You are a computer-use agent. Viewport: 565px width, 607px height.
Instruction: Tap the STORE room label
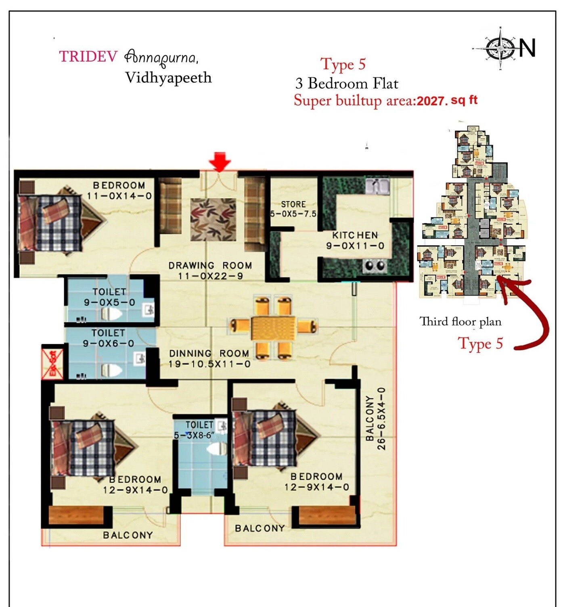pyautogui.click(x=293, y=204)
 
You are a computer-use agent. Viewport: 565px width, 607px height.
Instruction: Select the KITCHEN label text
pyautogui.click(x=355, y=235)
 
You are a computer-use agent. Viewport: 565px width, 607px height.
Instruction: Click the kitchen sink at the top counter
pyautogui.click(x=377, y=186)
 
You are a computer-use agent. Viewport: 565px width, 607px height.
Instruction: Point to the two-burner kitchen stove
pyautogui.click(x=375, y=266)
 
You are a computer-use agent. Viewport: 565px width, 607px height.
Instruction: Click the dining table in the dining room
pyautogui.click(x=273, y=327)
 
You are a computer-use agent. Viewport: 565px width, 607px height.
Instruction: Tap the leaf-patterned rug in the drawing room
pyautogui.click(x=213, y=219)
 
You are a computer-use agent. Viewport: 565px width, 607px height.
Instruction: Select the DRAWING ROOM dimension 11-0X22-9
pyautogui.click(x=210, y=276)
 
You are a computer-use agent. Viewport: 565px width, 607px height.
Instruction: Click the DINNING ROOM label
pyautogui.click(x=209, y=354)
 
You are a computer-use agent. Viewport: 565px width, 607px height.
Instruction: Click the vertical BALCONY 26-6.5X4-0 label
pyautogui.click(x=375, y=419)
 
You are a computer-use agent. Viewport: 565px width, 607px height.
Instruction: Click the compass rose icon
pyautogui.click(x=500, y=49)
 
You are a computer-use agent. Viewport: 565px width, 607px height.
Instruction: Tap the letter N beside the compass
pyautogui.click(x=527, y=48)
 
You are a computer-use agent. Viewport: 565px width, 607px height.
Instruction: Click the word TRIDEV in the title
pyautogui.click(x=88, y=57)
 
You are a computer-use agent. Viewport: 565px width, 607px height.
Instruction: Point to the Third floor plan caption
pyautogui.click(x=460, y=322)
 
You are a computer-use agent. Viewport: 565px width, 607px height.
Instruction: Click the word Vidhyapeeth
pyautogui.click(x=168, y=77)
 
